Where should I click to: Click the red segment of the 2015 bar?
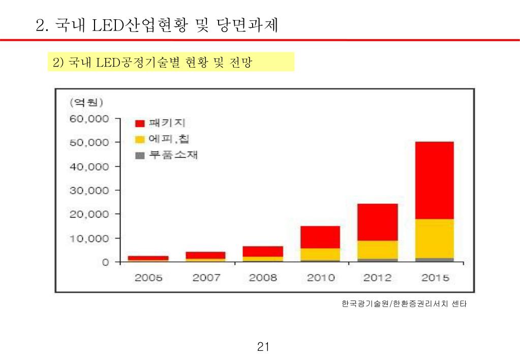(434, 180)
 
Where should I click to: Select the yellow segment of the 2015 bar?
(434, 238)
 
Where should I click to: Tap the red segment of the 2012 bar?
(378, 222)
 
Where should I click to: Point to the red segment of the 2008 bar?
(263, 251)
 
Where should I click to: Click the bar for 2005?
(148, 258)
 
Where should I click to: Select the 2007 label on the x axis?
(206, 278)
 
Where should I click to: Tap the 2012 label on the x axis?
(378, 278)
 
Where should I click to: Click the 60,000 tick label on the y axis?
(89, 119)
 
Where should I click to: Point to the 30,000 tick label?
(89, 191)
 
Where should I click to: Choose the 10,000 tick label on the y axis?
(89, 238)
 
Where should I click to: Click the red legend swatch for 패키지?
(140, 124)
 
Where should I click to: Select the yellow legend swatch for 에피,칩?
(140, 139)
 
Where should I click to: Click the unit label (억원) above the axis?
(86, 102)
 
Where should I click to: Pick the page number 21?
(263, 347)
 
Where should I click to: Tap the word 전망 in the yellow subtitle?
(241, 63)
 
